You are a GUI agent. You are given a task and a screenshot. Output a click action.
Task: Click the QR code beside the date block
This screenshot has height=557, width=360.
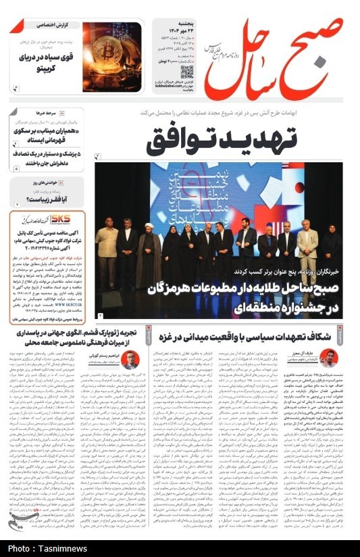pos(187,72)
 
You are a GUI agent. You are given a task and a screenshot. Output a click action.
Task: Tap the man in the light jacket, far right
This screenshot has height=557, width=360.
pos(307,247)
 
